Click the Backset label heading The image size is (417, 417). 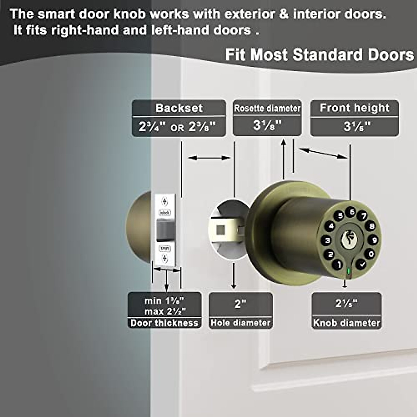(179, 108)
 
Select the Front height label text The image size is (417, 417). (354, 108)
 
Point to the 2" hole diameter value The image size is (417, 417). (240, 304)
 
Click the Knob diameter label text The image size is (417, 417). (346, 323)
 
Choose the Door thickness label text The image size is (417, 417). (164, 323)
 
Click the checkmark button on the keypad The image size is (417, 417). (362, 264)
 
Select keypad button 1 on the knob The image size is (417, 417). (337, 265)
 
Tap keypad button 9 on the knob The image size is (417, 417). (374, 240)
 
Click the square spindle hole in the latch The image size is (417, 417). (219, 230)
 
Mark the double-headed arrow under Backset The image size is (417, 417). (209, 158)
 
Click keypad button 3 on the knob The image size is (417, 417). (327, 240)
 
